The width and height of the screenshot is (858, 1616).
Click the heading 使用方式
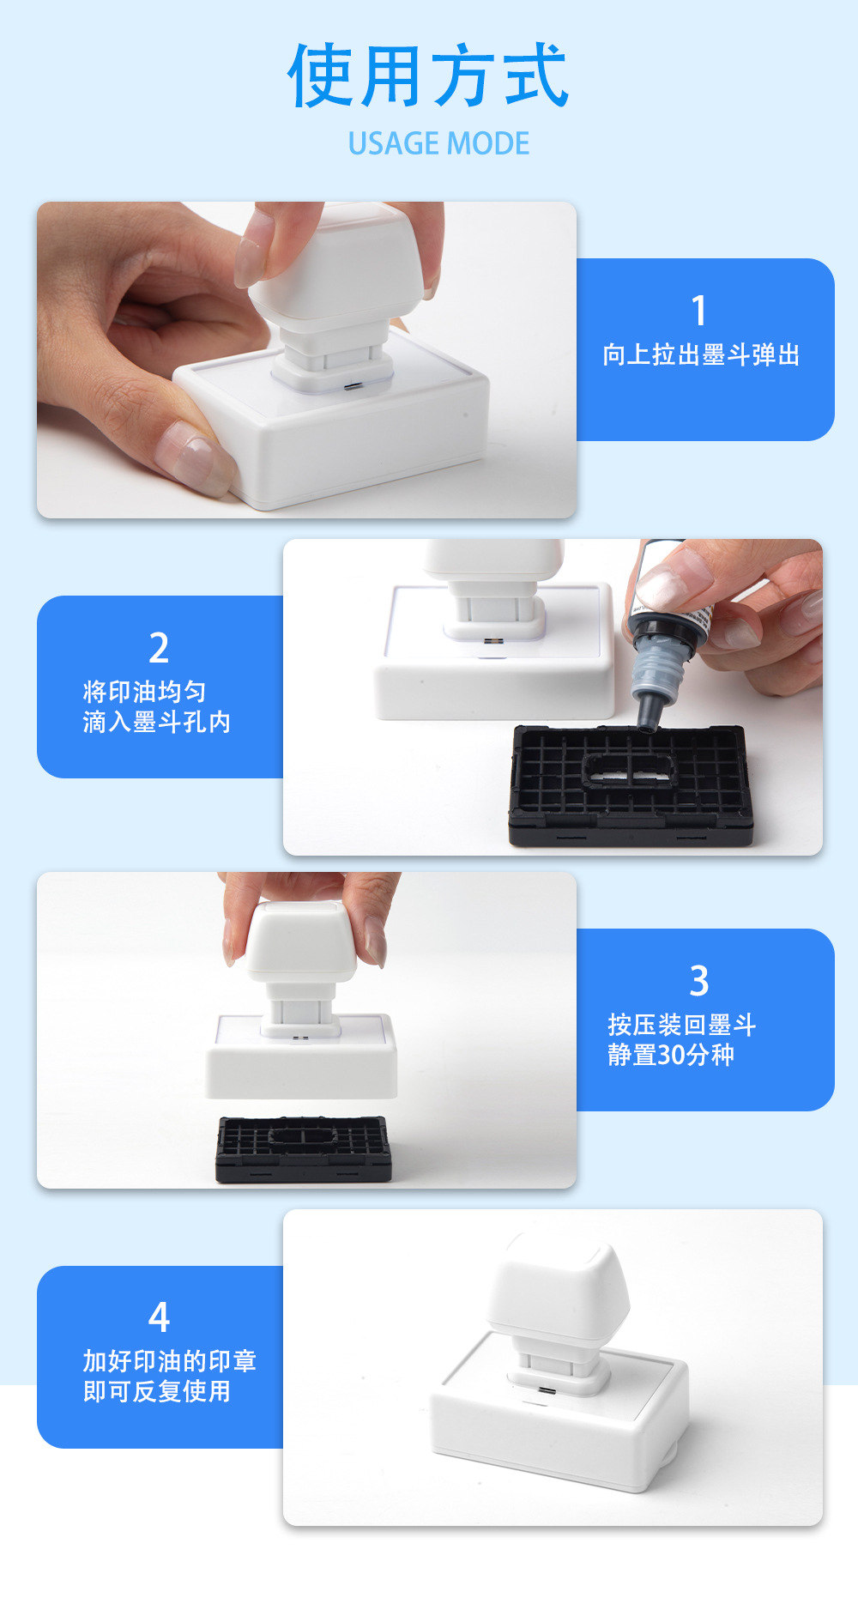(427, 76)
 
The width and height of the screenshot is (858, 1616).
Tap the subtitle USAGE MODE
(438, 143)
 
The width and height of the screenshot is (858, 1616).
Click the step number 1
(699, 311)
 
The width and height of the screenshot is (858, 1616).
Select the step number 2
(159, 648)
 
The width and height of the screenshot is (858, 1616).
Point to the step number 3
(699, 981)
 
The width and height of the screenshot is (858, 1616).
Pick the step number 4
(159, 1317)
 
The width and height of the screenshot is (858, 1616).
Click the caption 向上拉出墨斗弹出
(701, 354)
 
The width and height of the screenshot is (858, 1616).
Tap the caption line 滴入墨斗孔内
(157, 722)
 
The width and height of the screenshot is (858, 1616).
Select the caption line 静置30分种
(671, 1055)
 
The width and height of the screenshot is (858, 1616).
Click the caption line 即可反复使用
(157, 1391)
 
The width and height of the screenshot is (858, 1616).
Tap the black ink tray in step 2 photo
(631, 784)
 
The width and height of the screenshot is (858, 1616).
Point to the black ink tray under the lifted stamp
(303, 1148)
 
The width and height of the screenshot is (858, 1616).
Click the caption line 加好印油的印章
(170, 1361)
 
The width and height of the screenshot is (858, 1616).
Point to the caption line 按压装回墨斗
(682, 1025)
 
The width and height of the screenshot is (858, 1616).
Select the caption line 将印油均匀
(145, 692)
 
